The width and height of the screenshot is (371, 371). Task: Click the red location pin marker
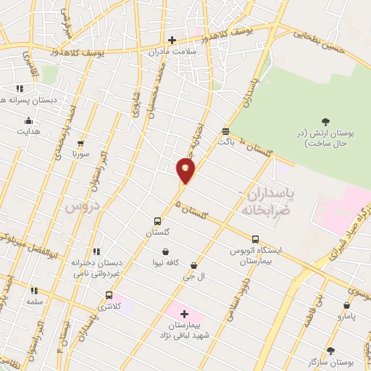click(185, 170)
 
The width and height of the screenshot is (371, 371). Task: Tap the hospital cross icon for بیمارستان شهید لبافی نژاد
click(183, 314)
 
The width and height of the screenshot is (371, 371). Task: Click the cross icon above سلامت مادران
click(172, 40)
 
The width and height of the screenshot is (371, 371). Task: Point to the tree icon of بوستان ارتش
click(324, 122)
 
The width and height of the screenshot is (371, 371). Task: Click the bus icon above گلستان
click(157, 221)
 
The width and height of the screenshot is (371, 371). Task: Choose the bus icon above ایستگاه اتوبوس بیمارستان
click(255, 238)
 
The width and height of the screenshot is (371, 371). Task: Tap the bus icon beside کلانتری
click(109, 295)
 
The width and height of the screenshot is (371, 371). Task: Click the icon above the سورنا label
click(80, 143)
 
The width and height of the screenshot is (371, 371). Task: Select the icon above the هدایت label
click(28, 120)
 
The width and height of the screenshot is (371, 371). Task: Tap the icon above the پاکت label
click(227, 131)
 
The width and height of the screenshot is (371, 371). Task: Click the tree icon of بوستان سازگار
click(330, 350)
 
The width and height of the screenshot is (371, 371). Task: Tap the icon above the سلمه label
click(33, 289)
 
